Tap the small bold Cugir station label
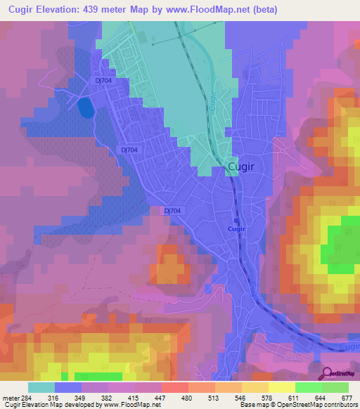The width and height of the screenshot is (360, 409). pos(236,229)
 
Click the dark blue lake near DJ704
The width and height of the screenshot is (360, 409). pos(84,108)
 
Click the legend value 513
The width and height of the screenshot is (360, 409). pos(210,397)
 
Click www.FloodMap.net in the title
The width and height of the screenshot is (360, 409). pos(212,10)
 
